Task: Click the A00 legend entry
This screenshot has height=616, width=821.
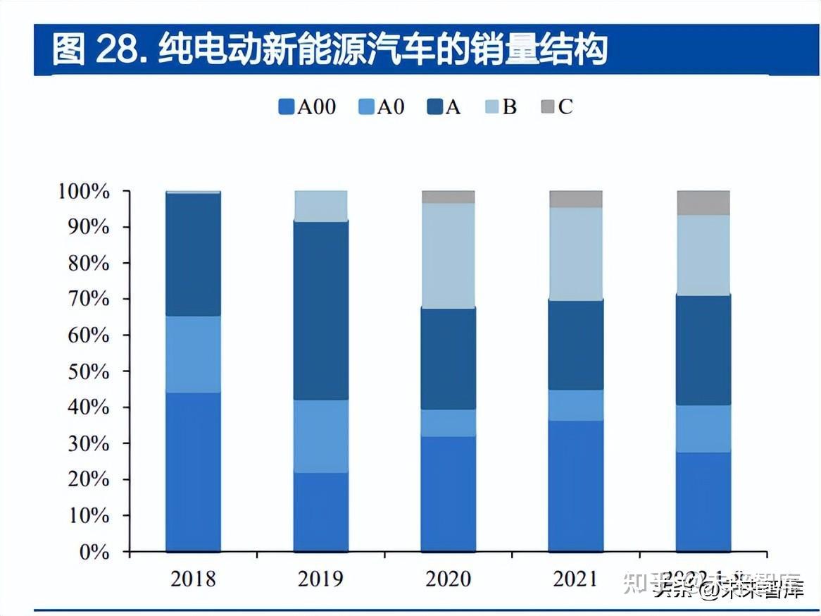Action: point(307,107)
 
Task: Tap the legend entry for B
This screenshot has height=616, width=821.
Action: point(501,107)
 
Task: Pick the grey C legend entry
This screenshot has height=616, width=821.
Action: point(556,107)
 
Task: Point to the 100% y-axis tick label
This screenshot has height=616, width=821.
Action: point(84,192)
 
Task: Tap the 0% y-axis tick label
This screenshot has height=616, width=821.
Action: point(94,552)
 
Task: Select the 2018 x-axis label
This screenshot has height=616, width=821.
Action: point(193,579)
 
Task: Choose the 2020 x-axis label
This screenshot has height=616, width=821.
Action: point(448,579)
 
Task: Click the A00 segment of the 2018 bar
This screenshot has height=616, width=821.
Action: point(193,472)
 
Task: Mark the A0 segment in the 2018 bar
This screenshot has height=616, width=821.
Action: point(193,355)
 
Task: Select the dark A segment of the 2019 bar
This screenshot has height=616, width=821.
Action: point(320,310)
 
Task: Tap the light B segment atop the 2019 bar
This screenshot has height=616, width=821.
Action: point(320,206)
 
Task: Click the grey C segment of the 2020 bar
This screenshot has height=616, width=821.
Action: point(448,197)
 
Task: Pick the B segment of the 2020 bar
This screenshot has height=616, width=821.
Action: point(448,255)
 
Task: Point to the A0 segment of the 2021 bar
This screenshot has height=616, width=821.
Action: point(576,405)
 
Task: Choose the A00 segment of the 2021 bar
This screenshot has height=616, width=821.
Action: point(576,486)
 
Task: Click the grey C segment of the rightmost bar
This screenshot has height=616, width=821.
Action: point(703,202)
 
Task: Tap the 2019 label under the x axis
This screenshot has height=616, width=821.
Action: point(320,579)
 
